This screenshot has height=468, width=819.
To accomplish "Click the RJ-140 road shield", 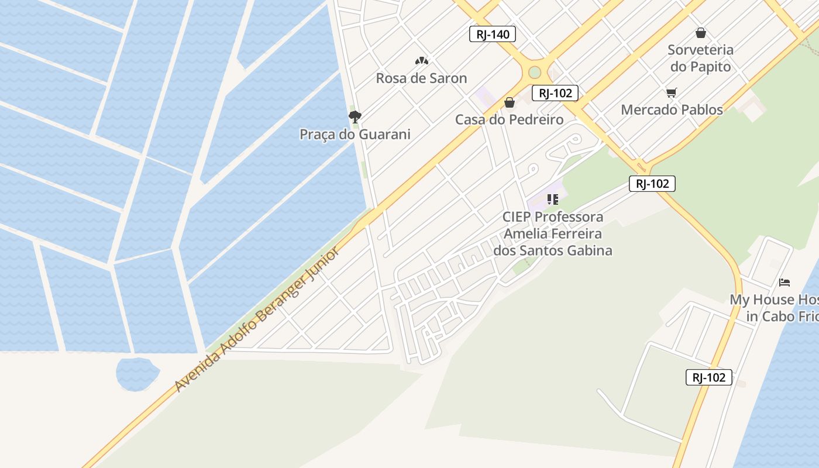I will click(493, 35).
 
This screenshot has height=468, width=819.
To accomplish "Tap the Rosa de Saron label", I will click(421, 78).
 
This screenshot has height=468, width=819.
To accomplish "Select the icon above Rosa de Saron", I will click(421, 60).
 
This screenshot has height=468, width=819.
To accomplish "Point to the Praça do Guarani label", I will click(355, 135).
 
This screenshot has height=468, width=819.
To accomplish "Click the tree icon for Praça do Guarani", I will click(355, 116).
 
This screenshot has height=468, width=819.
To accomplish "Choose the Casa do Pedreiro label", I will click(510, 120).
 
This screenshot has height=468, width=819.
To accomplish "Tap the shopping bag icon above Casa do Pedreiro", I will click(510, 102).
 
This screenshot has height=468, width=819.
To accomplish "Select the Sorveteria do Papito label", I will click(700, 58).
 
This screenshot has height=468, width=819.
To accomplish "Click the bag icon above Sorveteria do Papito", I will click(700, 33).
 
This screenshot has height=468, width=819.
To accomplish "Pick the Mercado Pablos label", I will click(672, 110).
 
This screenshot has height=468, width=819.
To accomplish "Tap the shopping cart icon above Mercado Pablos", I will click(671, 92).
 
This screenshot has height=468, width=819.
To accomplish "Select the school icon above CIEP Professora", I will click(552, 199).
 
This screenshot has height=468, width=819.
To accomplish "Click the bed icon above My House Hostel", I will click(784, 283).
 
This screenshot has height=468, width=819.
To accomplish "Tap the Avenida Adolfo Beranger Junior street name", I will click(257, 319).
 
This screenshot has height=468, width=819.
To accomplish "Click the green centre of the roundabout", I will click(535, 73).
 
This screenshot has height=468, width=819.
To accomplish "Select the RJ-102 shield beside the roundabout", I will click(555, 93).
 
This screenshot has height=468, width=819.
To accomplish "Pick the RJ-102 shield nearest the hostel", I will click(708, 377).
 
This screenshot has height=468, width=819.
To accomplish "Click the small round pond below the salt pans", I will click(137, 373).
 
